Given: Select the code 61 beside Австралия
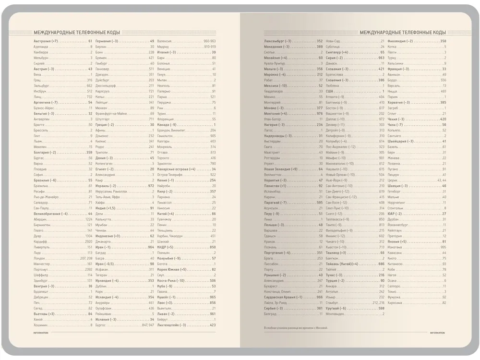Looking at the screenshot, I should point(90,41).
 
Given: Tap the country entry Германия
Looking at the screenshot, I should point(104,41).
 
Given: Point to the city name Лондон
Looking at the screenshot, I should point(39,258).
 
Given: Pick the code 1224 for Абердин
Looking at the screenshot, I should point(89,219).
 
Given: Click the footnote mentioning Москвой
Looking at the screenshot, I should point(295,327).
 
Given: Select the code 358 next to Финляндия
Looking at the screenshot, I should point(443,41).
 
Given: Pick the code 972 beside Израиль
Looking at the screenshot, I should point(151,186).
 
